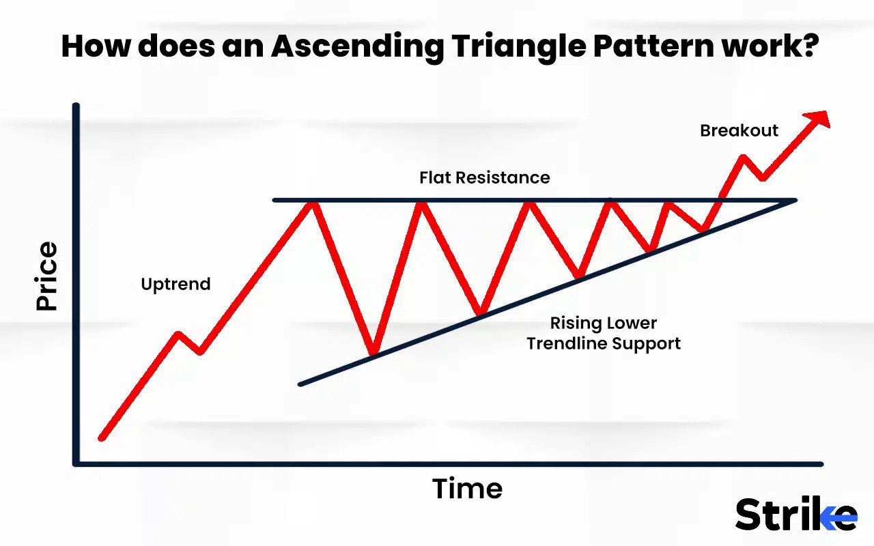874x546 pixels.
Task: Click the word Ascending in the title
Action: pos(358,46)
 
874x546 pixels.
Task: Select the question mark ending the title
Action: pos(808,46)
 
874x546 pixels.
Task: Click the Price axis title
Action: pos(47,276)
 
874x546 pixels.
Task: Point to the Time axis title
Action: pos(467,489)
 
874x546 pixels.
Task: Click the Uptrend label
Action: pos(175,284)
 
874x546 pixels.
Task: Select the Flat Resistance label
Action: pos(484,177)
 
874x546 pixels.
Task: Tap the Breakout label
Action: pos(739,130)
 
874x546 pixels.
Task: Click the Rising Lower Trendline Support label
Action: pos(604,333)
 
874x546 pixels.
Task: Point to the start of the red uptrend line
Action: pos(102,437)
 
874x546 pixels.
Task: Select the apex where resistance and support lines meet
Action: pos(794,201)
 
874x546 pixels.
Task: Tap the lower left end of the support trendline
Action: pos(301,384)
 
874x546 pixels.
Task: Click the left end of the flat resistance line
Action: pos(274,201)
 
